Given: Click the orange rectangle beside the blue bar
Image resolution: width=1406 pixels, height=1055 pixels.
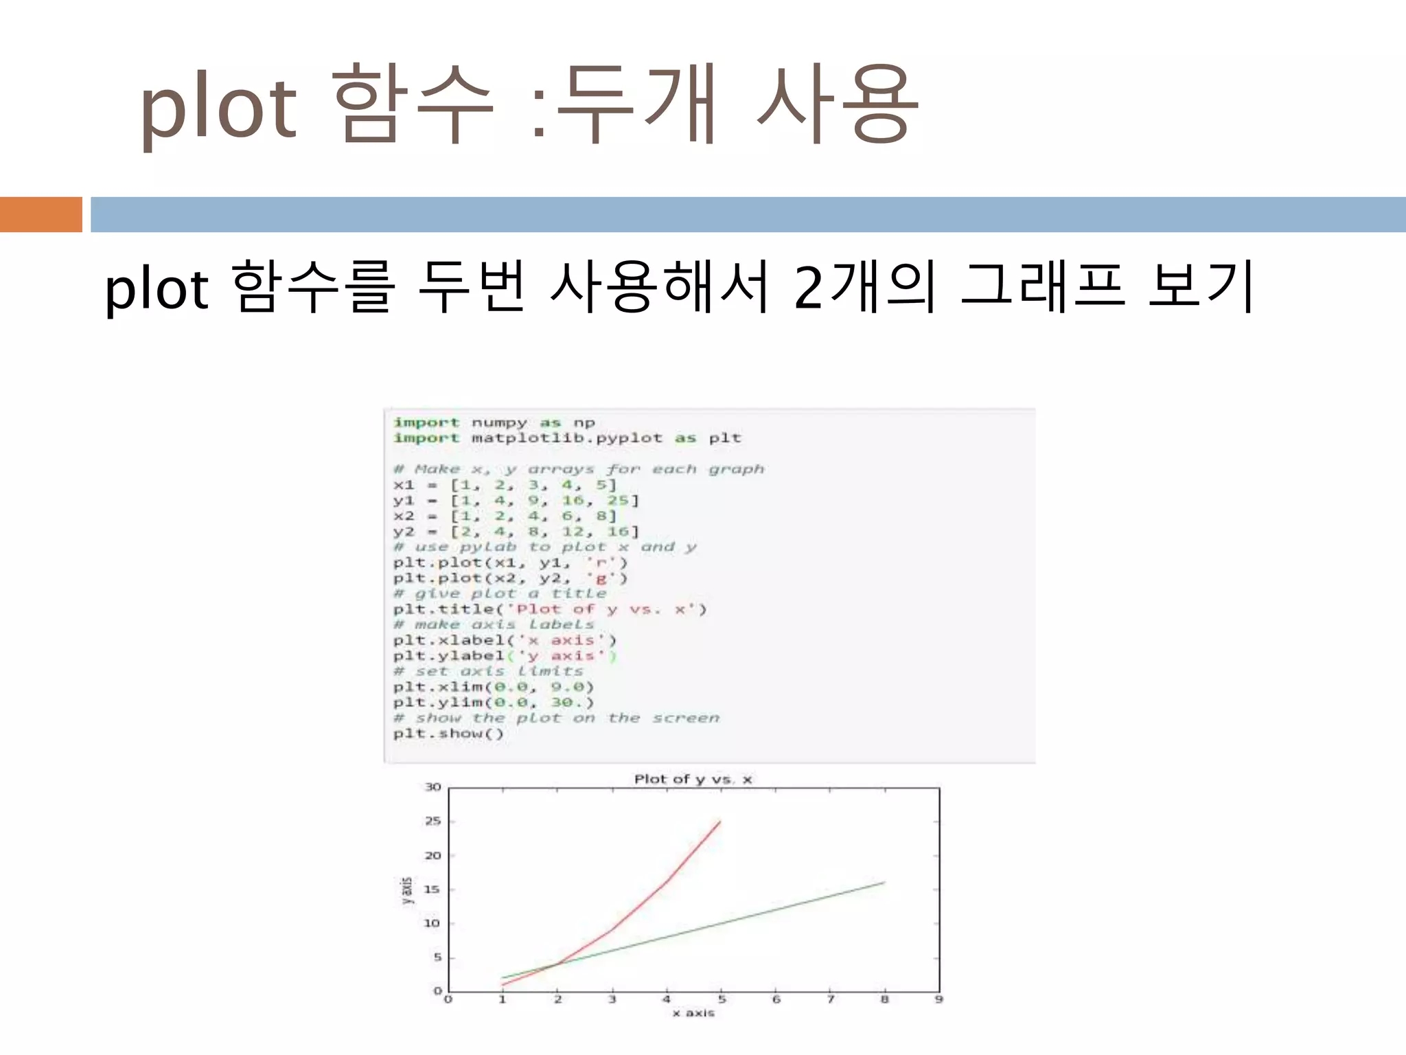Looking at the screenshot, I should pyautogui.click(x=41, y=214).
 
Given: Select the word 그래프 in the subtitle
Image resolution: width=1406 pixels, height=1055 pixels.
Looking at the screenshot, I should pyautogui.click(x=1041, y=287).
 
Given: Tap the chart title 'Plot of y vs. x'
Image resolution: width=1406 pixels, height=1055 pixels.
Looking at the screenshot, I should pyautogui.click(x=693, y=779).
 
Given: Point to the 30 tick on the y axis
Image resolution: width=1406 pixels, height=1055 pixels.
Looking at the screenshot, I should pyautogui.click(x=433, y=787).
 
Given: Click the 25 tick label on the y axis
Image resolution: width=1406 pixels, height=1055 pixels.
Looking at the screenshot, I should pyautogui.click(x=433, y=821).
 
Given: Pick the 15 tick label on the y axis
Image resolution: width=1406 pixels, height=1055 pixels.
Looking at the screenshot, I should pyautogui.click(x=432, y=889).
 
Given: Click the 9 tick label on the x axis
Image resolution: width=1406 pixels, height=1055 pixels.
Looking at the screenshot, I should pyautogui.click(x=938, y=1000).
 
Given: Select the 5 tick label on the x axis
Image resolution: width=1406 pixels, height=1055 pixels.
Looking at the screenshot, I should pyautogui.click(x=721, y=1000).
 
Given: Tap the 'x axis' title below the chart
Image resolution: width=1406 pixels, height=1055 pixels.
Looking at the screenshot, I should pyautogui.click(x=693, y=1013).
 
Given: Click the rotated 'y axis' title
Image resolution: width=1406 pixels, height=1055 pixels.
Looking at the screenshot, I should pyautogui.click(x=407, y=891).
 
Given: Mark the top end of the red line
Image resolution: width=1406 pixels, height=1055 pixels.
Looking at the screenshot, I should pyautogui.click(x=720, y=821).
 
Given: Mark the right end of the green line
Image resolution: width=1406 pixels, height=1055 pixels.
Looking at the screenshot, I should pyautogui.click(x=884, y=883).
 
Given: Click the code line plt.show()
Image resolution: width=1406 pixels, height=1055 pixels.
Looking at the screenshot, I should pyautogui.click(x=448, y=734).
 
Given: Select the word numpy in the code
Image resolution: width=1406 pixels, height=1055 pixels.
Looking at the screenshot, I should pyautogui.click(x=499, y=423).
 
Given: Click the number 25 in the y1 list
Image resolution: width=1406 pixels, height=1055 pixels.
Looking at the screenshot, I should pyautogui.click(x=618, y=501).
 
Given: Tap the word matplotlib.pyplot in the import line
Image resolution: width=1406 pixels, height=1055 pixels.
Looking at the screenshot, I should pyautogui.click(x=567, y=438).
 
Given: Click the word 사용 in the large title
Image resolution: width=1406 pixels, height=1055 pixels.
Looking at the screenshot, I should pyautogui.click(x=836, y=104).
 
